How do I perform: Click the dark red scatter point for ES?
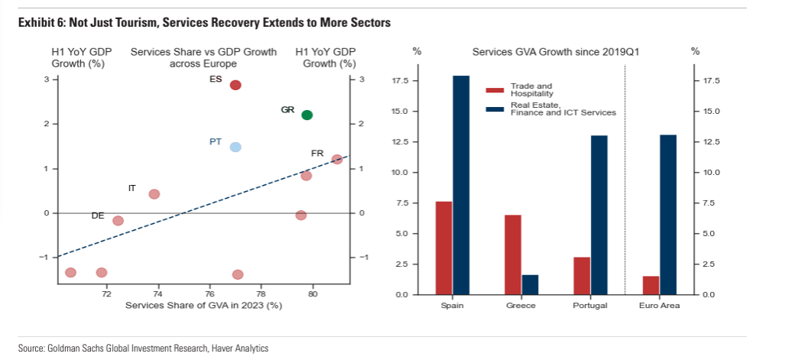point(235,85)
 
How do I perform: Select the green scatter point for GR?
point(307,115)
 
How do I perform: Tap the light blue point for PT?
point(235,148)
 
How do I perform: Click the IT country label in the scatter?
point(131,187)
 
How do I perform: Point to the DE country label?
point(98,216)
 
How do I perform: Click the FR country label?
point(317,154)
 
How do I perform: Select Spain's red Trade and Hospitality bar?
point(443,248)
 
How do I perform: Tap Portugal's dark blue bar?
point(599,215)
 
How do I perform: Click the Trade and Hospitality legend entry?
point(529,89)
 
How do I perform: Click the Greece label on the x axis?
point(521,306)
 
